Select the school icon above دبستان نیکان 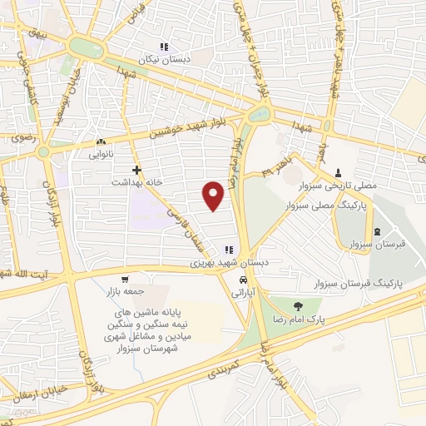tap(165, 47)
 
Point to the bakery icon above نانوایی tap(102, 142)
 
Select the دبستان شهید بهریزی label tap(228, 262)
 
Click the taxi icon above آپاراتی tap(242, 280)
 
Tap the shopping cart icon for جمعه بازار tap(124, 280)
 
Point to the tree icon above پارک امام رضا tap(297, 305)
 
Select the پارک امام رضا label tap(297, 319)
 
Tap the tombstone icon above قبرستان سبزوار tap(379, 230)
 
